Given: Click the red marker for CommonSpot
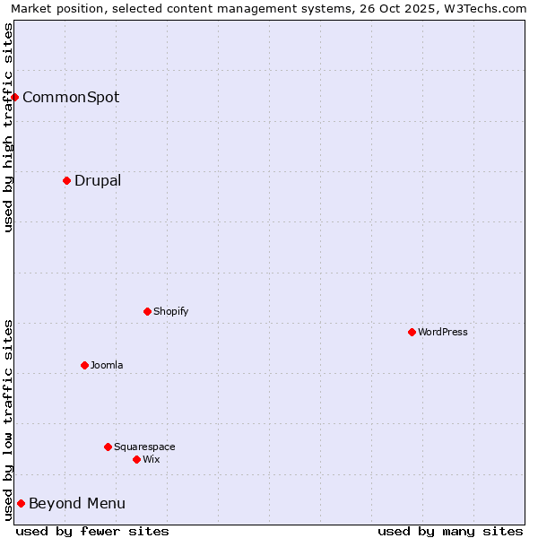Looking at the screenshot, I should click(x=15, y=97).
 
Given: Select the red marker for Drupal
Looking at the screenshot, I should click(x=67, y=180).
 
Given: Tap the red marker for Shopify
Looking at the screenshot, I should click(x=147, y=311).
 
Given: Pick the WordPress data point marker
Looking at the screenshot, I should click(x=412, y=332).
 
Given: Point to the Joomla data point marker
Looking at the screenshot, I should click(x=84, y=365).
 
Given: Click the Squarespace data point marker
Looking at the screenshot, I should click(x=108, y=447).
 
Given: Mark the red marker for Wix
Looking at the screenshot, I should click(x=136, y=459).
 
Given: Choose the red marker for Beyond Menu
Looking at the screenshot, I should click(x=21, y=503).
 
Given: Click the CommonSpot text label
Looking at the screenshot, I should click(x=71, y=97).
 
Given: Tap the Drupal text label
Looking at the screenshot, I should click(x=98, y=180).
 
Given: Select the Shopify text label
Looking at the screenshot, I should click(x=170, y=311).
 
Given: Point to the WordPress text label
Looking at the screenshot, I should click(x=443, y=332).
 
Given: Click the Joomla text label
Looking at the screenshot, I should click(x=107, y=365).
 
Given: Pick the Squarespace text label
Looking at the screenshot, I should click(x=144, y=447).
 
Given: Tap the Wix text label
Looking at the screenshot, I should click(x=151, y=459).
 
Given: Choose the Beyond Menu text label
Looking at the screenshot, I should click(x=77, y=503).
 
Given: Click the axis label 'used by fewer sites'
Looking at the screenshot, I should click(x=92, y=531).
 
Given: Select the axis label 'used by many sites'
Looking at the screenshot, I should click(x=450, y=531).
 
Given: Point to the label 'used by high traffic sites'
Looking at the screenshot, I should click(x=8, y=127).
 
